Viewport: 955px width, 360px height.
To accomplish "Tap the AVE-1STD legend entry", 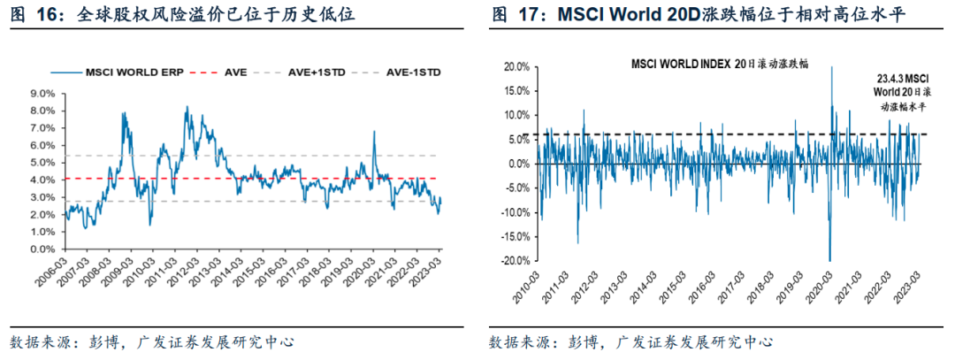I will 414,71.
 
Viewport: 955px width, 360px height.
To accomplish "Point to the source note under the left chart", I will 151,341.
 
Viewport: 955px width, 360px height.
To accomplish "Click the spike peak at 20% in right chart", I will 832,68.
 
